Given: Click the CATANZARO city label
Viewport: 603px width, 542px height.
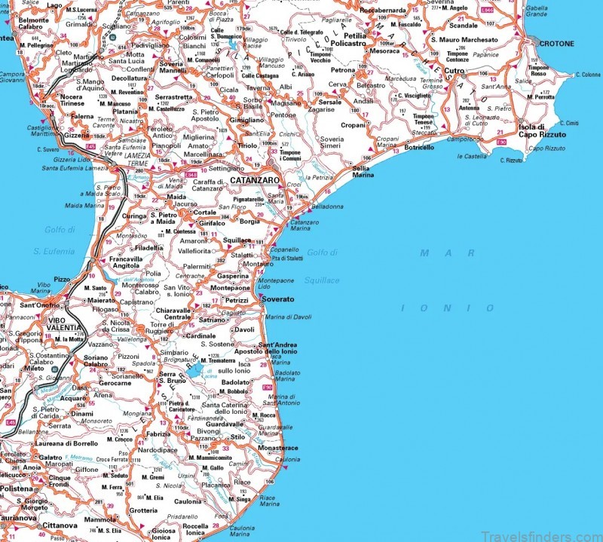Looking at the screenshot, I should pyautogui.click(x=254, y=182).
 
